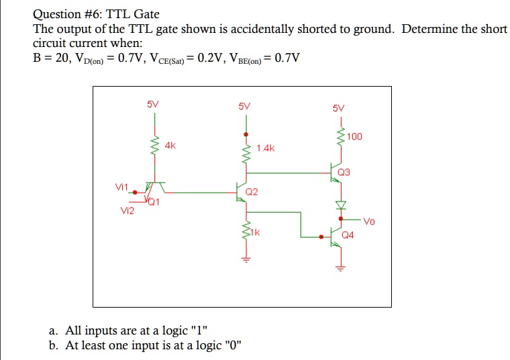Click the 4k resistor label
170,144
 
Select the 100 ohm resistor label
355,137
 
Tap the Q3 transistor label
344,172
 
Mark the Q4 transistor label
348,236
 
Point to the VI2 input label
127,211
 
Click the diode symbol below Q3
340,204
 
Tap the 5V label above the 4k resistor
153,105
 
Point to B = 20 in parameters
52,57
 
